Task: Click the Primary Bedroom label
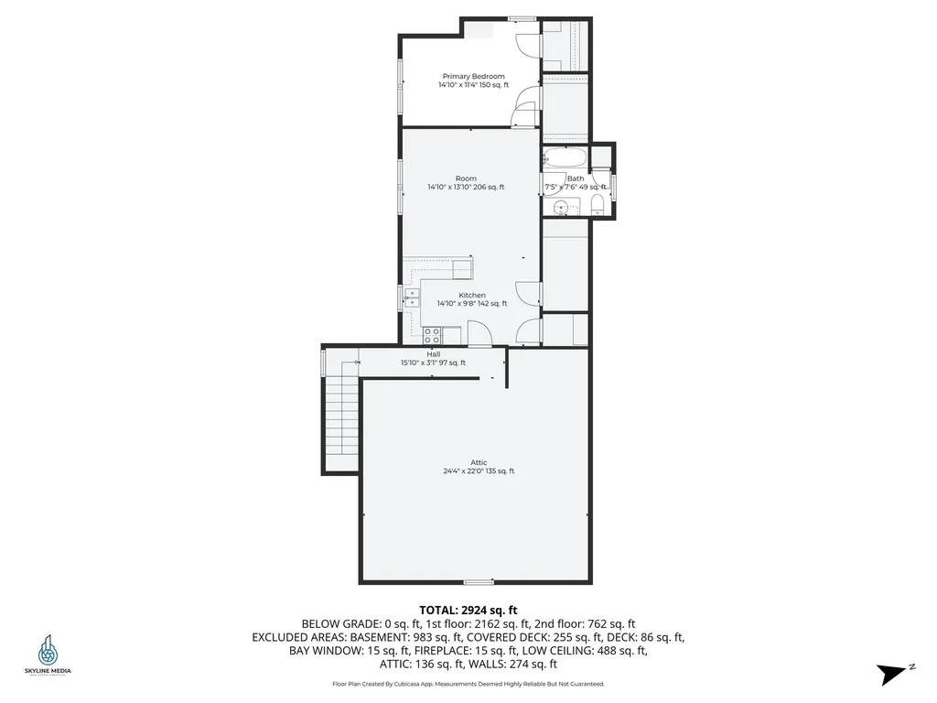473,77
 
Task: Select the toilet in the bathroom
596,201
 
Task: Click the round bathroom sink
561,206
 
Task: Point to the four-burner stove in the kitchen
431,335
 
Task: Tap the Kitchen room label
472,296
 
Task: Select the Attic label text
479,463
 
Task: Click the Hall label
433,354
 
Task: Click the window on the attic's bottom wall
478,581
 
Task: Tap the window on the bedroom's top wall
522,17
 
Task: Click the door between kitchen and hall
479,338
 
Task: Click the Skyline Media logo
48,655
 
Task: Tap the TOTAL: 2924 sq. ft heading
468,610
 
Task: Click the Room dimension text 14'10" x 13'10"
465,188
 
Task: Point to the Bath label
576,179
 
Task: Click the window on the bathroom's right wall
614,185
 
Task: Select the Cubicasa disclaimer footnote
468,684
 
